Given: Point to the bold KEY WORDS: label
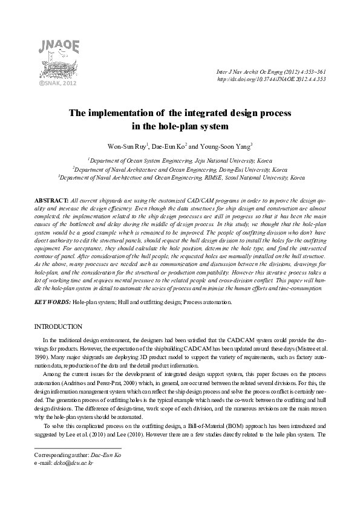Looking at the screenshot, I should (52, 300).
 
